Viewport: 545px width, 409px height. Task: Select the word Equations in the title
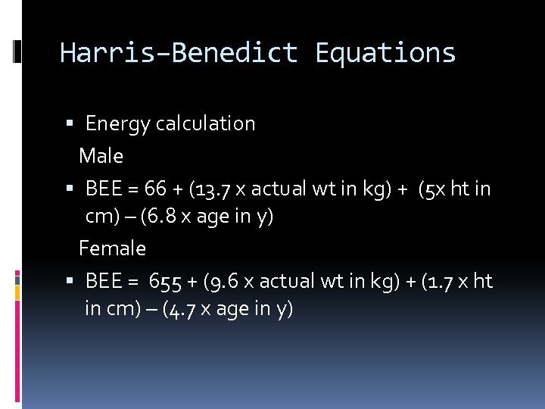(x=385, y=53)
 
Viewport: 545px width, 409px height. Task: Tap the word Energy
(x=117, y=123)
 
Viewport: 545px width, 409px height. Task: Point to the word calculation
(x=206, y=123)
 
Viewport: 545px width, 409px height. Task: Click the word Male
(x=101, y=156)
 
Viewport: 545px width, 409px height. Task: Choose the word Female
(x=112, y=248)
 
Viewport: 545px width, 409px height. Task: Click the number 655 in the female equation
(x=164, y=281)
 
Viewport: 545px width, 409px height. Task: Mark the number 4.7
(x=182, y=310)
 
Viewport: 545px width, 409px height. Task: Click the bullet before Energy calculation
(x=70, y=123)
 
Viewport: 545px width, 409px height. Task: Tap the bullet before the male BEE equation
(x=70, y=189)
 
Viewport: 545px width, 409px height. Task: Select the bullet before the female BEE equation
(x=70, y=281)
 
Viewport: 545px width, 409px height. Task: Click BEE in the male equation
(x=103, y=189)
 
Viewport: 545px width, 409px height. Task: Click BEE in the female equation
(x=103, y=281)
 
